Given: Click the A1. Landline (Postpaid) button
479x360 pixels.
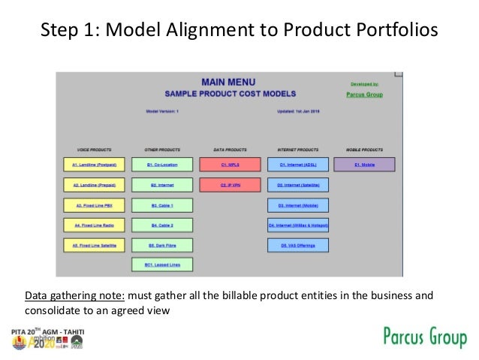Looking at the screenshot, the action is click(x=94, y=164).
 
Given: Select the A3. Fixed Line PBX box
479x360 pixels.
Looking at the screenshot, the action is click(x=94, y=204).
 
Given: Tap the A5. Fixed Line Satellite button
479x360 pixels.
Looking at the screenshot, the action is click(x=94, y=244).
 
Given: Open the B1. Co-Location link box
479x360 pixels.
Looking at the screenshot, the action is click(x=161, y=164).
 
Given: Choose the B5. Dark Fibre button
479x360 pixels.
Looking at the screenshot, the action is click(x=161, y=244).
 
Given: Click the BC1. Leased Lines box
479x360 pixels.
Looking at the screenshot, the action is click(x=161, y=265).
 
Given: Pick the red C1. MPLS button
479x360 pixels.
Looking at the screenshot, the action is click(x=230, y=164).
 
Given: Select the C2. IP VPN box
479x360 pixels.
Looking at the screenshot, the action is click(x=230, y=184).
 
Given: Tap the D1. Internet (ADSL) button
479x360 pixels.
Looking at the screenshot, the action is click(x=298, y=164).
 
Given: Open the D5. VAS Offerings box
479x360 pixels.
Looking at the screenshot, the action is click(x=298, y=244).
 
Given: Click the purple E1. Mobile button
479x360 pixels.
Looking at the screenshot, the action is click(x=365, y=164).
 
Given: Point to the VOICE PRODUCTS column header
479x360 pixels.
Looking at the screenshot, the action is click(x=94, y=149).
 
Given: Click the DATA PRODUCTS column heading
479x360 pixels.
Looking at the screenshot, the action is click(x=230, y=149).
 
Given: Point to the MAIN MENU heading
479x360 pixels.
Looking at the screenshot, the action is click(x=228, y=82).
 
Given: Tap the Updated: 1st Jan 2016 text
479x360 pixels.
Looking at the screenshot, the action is click(x=299, y=111).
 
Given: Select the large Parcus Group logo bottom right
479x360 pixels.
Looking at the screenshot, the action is click(x=425, y=337).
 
